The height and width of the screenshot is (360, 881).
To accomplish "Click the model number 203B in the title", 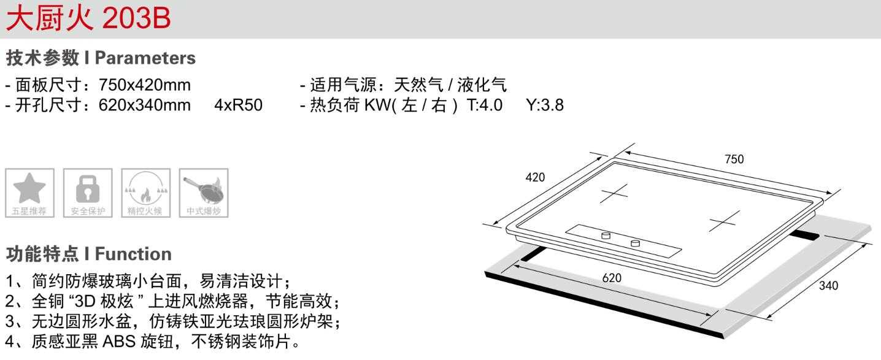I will pos(136,19).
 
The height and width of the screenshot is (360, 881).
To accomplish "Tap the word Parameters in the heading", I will pos(145,58).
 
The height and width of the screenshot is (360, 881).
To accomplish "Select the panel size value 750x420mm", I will pos(145,85).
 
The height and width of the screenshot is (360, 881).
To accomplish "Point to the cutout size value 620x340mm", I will pos(145,105).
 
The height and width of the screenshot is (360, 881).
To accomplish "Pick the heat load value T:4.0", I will pos(485,105).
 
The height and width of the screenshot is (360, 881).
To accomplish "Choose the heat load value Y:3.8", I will pos(545,105).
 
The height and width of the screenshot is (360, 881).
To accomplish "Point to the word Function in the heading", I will pos(133,254).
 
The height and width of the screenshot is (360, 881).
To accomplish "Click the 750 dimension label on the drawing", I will pos(734,159).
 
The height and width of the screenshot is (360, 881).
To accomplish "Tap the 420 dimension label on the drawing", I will pos(535,178).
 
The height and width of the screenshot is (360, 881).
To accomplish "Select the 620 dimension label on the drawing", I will pos(612,278).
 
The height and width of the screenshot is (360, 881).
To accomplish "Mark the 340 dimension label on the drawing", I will pos(828,285).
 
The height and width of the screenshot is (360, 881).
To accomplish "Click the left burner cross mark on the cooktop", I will pos(614,193).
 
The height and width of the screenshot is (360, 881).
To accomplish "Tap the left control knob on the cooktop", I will pos(606,235).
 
